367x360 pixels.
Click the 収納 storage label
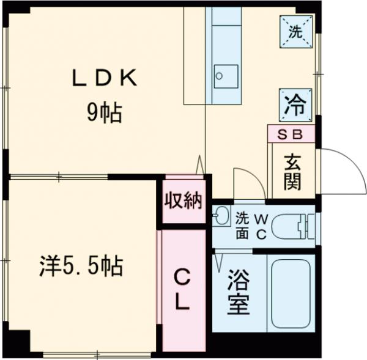click(x=183, y=201)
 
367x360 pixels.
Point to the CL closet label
click(x=182, y=290)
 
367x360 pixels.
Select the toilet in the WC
click(x=291, y=227)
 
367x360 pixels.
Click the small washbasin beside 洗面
click(x=220, y=217)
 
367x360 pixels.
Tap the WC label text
click(x=261, y=227)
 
